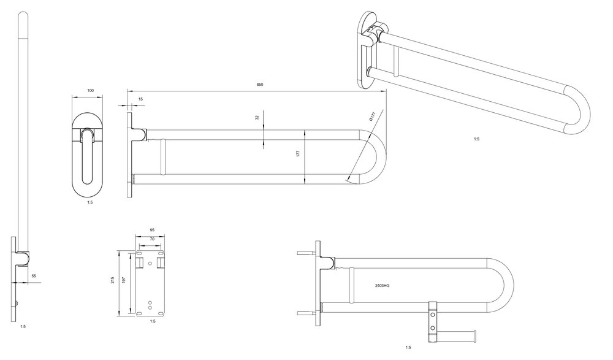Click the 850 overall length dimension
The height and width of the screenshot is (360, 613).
[x=260, y=85]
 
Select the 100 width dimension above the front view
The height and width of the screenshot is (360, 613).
[x=91, y=90]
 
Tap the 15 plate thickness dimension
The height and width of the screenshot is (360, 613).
[x=141, y=99]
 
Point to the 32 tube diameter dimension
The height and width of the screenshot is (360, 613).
[x=257, y=117]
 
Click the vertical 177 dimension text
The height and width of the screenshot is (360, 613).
[x=298, y=154]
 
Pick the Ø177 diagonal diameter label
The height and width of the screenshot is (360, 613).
[x=372, y=116]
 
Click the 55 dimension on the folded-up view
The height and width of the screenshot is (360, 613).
[x=34, y=276]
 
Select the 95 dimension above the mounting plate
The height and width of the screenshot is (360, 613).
[x=153, y=230]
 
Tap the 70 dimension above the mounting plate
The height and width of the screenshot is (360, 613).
[x=152, y=239]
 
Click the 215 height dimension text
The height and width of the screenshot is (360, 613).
[x=112, y=280]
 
